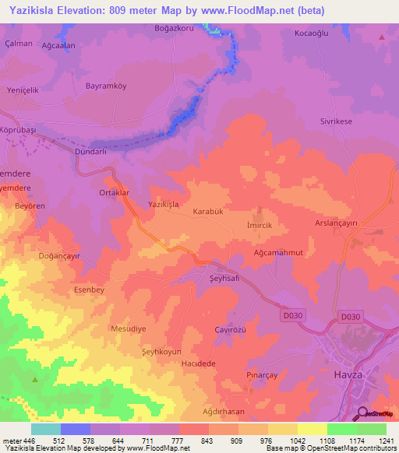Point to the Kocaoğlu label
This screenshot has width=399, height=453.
[313, 33]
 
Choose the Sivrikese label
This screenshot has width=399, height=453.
[338, 122]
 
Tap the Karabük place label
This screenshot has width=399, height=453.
[208, 211]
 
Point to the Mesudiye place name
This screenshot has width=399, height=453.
[129, 329]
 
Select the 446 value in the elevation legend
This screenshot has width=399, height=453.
[30, 439]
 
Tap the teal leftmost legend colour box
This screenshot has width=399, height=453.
[45, 429]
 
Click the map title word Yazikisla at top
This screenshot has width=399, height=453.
[37, 11]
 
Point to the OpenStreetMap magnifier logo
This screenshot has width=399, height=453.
[360, 414]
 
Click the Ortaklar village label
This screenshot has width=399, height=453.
[114, 192]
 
